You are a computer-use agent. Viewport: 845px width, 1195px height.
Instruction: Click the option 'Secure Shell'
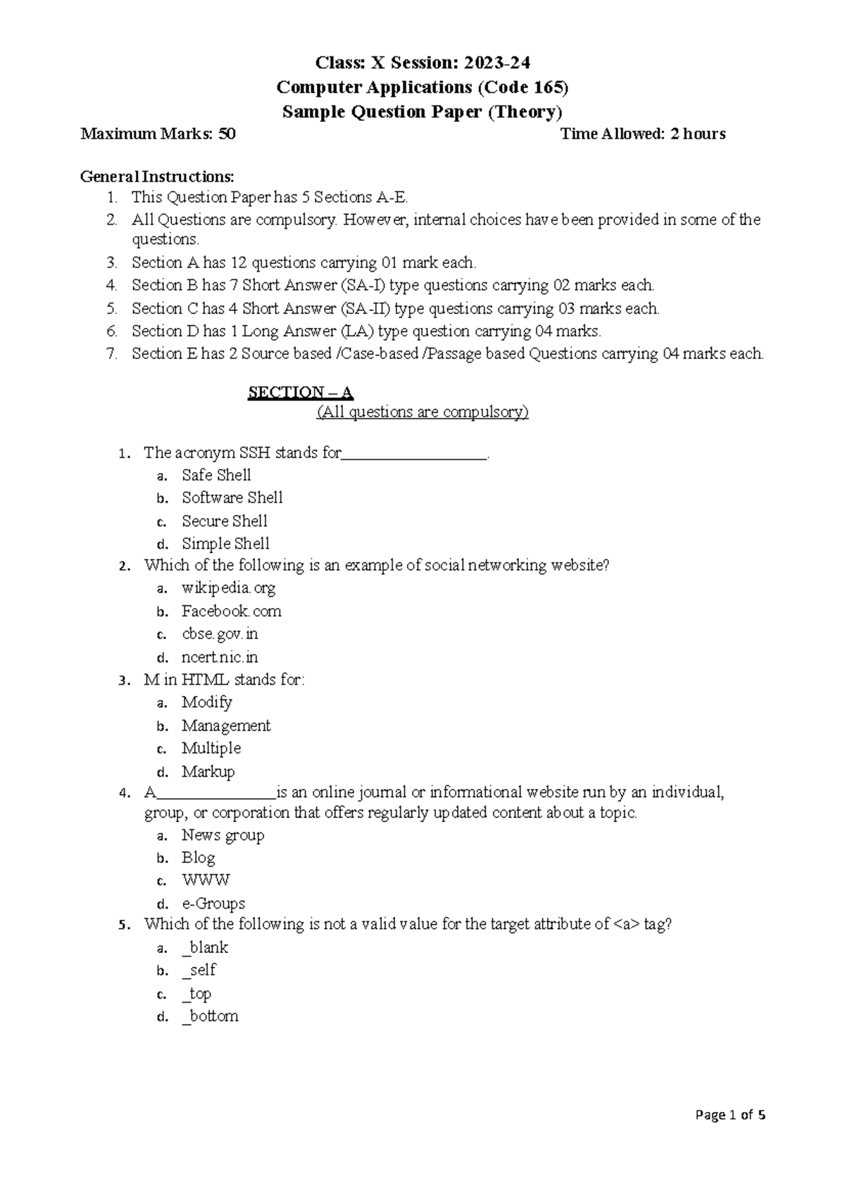pyautogui.click(x=224, y=521)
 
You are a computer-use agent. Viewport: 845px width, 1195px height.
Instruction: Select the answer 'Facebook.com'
pyautogui.click(x=231, y=611)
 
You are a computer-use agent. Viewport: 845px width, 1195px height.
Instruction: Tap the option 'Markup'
pyautogui.click(x=208, y=771)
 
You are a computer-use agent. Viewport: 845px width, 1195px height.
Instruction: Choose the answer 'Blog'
pyautogui.click(x=198, y=857)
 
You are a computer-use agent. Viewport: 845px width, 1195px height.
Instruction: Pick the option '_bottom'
pyautogui.click(x=210, y=1016)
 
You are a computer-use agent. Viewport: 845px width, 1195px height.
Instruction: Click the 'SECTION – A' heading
pyautogui.click(x=300, y=392)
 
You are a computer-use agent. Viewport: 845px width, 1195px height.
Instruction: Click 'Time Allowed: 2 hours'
pyautogui.click(x=642, y=134)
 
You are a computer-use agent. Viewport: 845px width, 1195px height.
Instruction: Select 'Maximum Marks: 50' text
pyautogui.click(x=158, y=134)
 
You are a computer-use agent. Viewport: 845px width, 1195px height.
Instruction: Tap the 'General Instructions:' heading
pyautogui.click(x=158, y=175)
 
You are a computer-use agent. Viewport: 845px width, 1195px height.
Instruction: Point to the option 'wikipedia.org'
pyautogui.click(x=228, y=588)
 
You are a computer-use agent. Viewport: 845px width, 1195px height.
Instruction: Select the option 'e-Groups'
pyautogui.click(x=213, y=903)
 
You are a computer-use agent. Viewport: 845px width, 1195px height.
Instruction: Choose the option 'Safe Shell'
pyautogui.click(x=216, y=475)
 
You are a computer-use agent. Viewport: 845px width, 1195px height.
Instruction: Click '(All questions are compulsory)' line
pyautogui.click(x=423, y=412)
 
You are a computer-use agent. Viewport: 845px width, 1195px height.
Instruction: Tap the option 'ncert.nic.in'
pyautogui.click(x=220, y=657)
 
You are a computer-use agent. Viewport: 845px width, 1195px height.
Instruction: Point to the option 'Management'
pyautogui.click(x=225, y=725)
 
